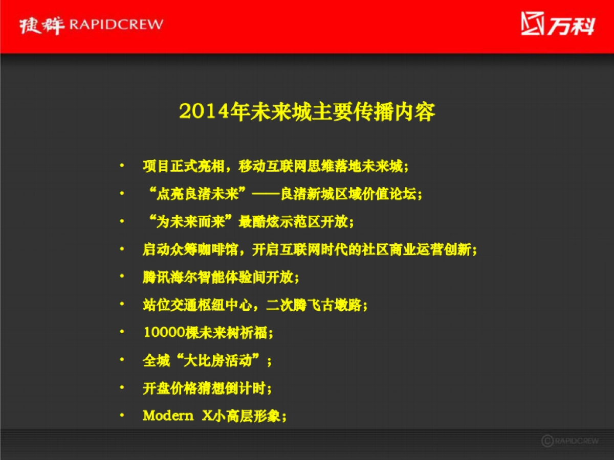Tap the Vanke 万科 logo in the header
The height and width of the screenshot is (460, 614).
(558, 24)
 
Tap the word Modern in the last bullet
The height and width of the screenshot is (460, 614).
(168, 416)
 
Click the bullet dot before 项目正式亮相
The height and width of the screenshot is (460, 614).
(122, 166)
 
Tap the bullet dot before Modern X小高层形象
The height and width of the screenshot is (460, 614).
(122, 415)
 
